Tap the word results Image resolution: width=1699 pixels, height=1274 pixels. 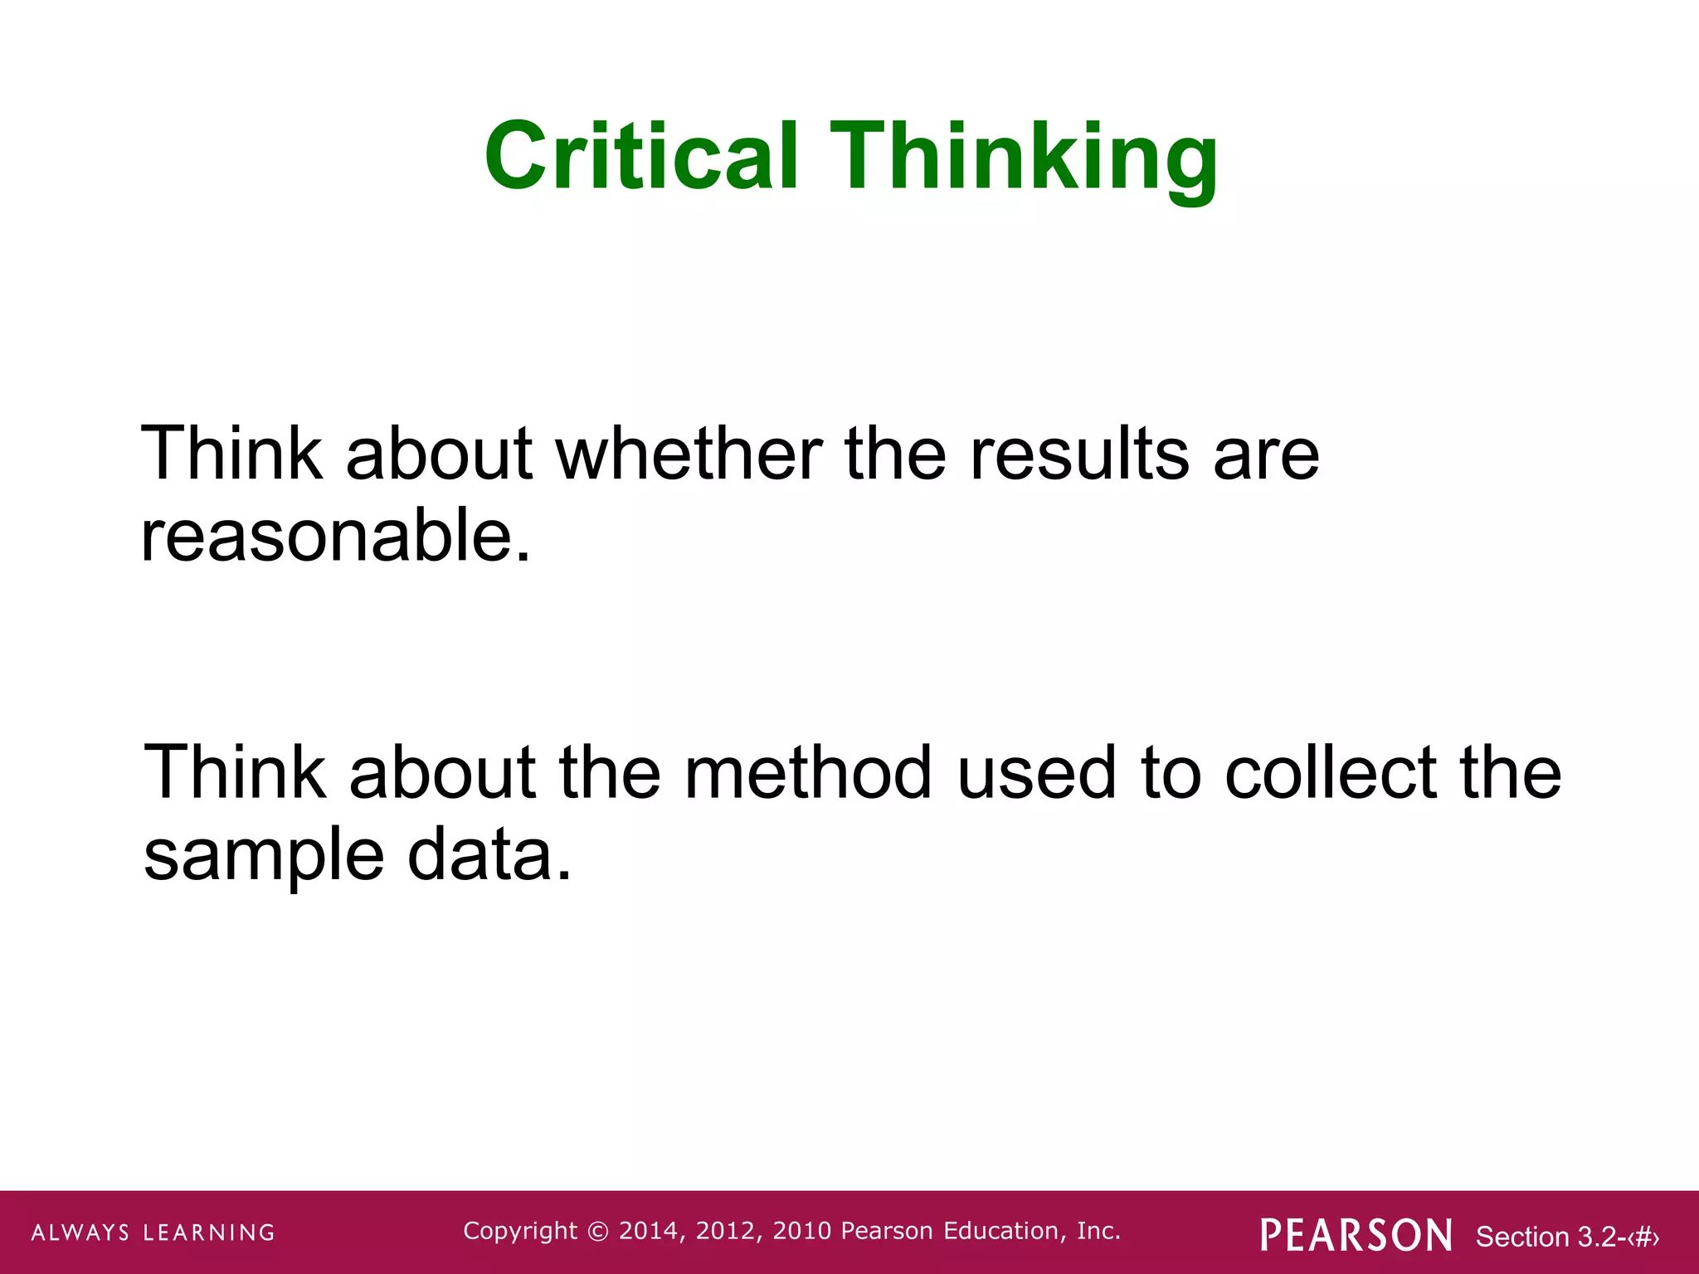(1079, 454)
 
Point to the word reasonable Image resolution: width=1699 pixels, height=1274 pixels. (335, 536)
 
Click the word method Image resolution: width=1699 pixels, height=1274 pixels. (808, 772)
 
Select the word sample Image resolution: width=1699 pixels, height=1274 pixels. (264, 856)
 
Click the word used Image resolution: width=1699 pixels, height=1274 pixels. (1036, 772)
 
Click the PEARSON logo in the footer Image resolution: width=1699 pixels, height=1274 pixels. (1356, 1235)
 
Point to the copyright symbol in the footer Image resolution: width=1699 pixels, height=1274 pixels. (597, 1232)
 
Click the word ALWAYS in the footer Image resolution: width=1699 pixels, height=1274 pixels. (80, 1233)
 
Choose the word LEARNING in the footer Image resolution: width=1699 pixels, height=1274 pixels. (209, 1233)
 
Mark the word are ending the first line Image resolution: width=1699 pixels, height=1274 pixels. (1266, 454)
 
